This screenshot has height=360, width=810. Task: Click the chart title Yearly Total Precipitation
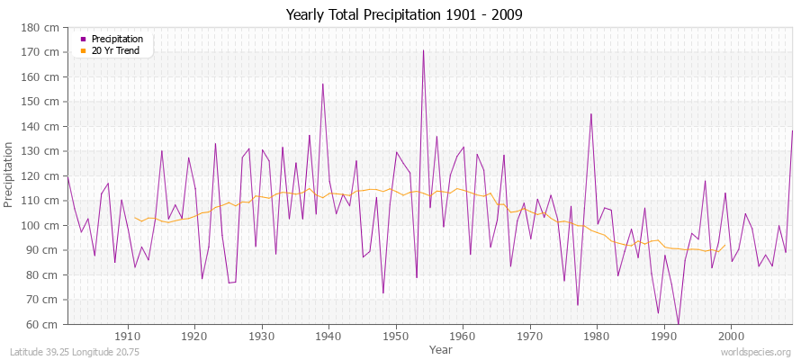point(404,15)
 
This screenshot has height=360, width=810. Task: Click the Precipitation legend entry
point(117,39)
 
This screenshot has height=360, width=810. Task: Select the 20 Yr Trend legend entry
point(115,50)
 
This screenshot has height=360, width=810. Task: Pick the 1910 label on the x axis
point(128,335)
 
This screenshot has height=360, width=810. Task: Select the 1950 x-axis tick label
point(396,335)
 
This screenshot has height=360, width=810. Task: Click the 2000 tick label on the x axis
point(731,335)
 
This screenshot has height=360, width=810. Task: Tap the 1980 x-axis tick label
point(597,335)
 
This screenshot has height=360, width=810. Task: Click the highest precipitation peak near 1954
point(423,50)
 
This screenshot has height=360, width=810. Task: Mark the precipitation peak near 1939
point(323,84)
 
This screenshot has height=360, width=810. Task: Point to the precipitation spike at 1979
point(591,113)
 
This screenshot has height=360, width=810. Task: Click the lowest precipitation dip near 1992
point(678,323)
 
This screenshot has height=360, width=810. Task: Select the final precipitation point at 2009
point(792,130)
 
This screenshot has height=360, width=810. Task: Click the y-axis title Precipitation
point(10,175)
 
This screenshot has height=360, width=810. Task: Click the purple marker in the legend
point(84,39)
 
